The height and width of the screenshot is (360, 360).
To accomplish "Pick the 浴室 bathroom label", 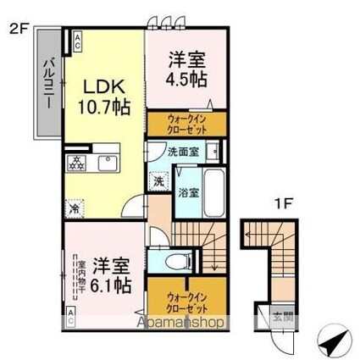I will coord(188,192).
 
